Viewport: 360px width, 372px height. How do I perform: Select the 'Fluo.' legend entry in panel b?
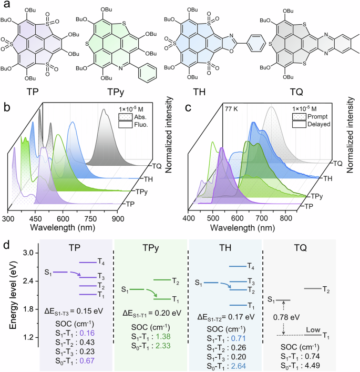(x=139, y=127)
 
